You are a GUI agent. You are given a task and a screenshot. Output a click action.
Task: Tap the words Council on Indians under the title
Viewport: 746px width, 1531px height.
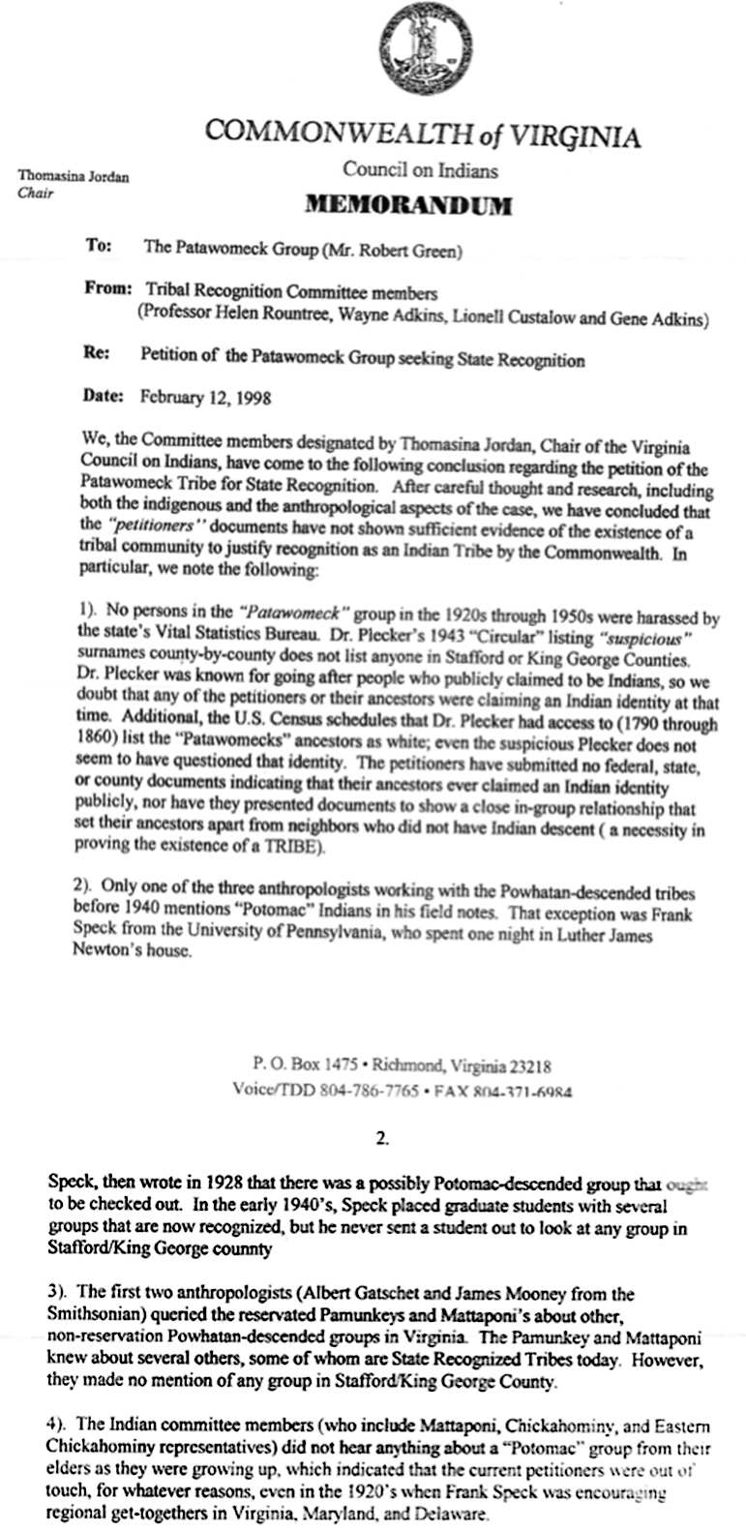421,171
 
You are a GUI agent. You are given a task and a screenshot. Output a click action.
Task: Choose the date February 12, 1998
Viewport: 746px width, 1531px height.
206,396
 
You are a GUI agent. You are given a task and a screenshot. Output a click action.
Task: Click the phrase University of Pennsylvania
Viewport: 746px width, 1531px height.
283,936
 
